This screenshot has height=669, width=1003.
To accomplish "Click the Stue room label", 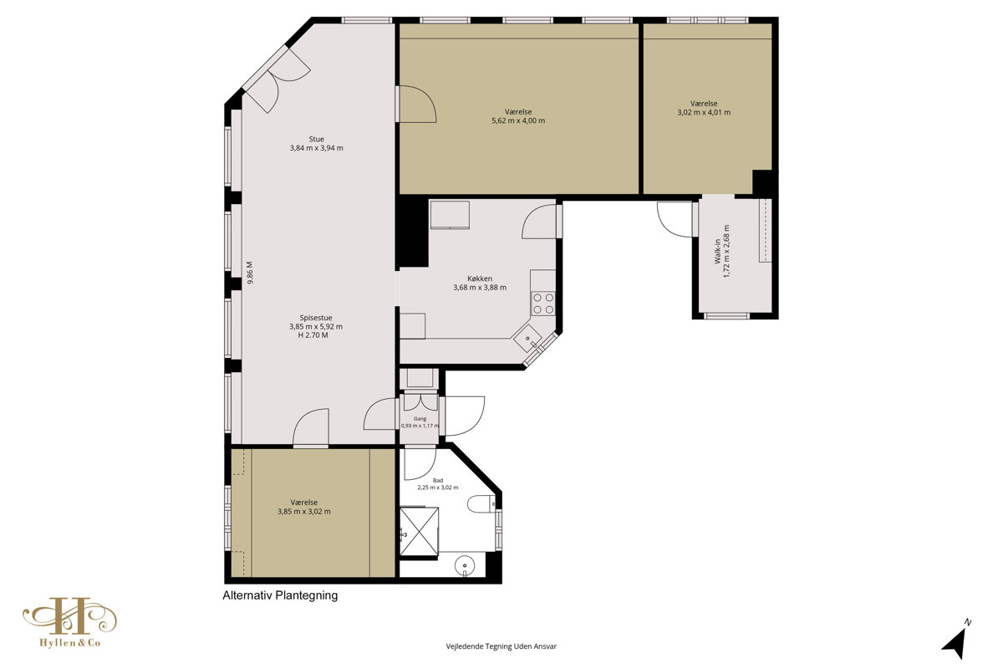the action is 316,139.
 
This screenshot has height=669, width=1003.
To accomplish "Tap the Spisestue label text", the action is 316,318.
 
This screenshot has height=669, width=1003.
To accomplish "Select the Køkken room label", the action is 480,278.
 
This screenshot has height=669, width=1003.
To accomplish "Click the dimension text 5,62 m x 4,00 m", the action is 518,120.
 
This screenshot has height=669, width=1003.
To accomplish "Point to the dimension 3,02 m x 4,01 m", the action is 704,112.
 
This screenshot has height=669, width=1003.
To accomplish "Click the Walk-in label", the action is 717,251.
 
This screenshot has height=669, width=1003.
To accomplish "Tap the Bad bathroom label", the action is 437,480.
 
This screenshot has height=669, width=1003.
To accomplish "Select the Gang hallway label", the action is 420,418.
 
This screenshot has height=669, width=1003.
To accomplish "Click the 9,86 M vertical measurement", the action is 250,273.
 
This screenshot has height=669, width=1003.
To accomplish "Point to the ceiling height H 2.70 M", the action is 313,335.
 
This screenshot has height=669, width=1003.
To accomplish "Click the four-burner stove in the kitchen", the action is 543,304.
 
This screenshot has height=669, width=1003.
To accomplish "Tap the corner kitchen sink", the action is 528,340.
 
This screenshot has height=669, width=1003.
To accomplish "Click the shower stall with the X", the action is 419,531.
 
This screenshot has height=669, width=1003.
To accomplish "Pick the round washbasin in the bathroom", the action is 465,565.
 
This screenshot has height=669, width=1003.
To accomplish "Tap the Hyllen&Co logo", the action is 70,622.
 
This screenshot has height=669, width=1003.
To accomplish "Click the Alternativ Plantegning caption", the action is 280,595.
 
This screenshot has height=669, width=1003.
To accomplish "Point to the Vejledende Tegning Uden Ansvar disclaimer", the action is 501,646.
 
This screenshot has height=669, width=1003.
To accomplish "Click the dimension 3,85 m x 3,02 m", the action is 304,511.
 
